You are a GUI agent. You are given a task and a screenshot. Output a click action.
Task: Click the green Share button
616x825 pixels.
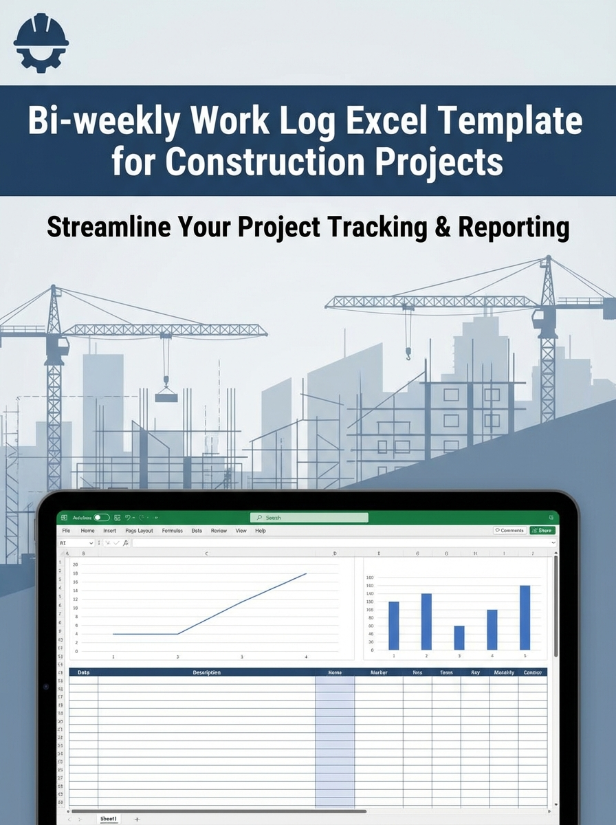[x=542, y=531]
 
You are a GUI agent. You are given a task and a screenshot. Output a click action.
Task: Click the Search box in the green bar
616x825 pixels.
[x=309, y=518]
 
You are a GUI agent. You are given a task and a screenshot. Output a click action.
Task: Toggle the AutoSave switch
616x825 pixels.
[x=102, y=518]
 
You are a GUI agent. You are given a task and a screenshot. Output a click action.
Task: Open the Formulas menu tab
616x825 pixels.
[x=172, y=531]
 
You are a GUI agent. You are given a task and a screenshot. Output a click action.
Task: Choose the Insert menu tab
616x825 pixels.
[x=110, y=531]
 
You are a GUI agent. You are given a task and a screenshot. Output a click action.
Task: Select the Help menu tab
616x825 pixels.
[x=261, y=531]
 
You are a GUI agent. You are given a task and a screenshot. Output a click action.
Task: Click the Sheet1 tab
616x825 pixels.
[x=109, y=819]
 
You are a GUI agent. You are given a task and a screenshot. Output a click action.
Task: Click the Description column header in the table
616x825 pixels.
[x=207, y=672]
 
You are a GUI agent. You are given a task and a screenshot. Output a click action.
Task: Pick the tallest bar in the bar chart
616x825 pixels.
[x=525, y=617]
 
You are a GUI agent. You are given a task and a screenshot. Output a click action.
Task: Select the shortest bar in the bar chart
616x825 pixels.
[x=459, y=637]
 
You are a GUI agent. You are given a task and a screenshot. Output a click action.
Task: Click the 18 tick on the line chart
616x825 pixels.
[x=76, y=573]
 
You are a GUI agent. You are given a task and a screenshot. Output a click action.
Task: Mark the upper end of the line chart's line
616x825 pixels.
[x=306, y=573]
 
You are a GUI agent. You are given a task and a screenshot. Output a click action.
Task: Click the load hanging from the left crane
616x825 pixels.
[x=166, y=396]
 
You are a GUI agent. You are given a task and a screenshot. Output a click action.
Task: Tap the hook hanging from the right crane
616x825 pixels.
[x=408, y=354]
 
